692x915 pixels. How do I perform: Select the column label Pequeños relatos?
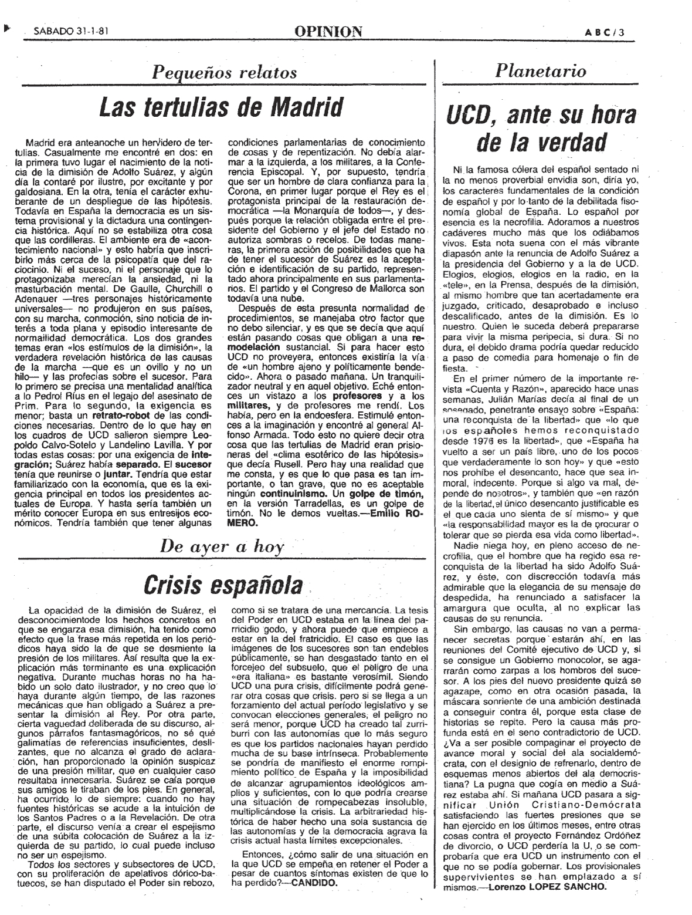225,72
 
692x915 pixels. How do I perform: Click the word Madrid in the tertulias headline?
304,107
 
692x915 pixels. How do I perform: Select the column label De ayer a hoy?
222,547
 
